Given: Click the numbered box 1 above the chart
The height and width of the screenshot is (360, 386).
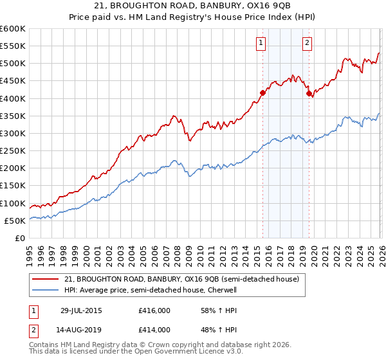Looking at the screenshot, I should point(261,43).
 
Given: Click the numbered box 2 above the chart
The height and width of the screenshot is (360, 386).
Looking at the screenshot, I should point(307,43).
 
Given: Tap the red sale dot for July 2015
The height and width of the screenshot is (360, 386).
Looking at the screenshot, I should point(262,93).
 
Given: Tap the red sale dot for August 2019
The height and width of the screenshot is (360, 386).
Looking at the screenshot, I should point(309,94).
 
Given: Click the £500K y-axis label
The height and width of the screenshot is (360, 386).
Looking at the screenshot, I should point(13,64).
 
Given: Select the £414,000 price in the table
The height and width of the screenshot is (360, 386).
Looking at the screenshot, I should point(154,330).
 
